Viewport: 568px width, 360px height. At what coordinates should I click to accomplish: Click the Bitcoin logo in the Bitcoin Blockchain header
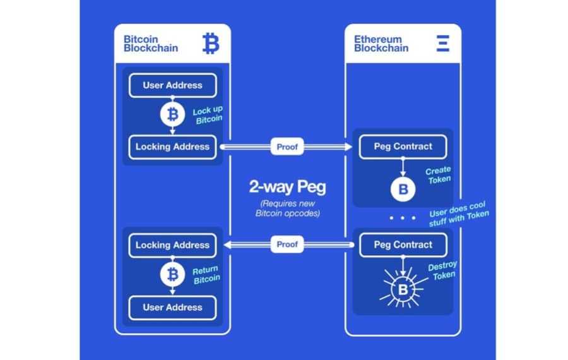211,44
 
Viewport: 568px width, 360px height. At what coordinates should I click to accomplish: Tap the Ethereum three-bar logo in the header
442,44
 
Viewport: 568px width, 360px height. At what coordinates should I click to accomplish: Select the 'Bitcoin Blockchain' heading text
151,44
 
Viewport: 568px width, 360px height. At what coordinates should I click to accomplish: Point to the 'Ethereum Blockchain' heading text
381,44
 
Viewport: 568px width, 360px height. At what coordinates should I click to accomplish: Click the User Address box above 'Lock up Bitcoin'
172,85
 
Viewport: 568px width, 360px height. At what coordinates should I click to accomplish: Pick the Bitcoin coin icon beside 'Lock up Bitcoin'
172,115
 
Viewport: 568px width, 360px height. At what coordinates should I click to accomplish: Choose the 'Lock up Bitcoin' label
208,115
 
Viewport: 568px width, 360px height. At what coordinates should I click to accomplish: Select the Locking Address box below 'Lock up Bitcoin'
172,147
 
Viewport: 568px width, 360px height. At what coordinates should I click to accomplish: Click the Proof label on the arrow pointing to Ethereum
287,147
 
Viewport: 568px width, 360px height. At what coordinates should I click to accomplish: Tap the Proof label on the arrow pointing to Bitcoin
287,244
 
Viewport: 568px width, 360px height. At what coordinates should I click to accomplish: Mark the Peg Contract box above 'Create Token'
403,147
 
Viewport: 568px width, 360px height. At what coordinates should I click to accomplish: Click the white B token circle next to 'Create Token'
403,189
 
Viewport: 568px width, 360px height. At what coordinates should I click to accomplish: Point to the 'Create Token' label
439,175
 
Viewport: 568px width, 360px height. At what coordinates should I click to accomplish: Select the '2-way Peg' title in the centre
287,188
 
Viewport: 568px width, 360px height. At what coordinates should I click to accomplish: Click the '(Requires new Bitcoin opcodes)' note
287,209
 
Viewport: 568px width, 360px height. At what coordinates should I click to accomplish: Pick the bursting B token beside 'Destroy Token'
403,290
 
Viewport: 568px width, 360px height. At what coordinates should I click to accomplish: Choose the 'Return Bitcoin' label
206,274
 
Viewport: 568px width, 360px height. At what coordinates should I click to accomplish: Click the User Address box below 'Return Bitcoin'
172,308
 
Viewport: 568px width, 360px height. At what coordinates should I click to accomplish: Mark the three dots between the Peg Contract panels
403,218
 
